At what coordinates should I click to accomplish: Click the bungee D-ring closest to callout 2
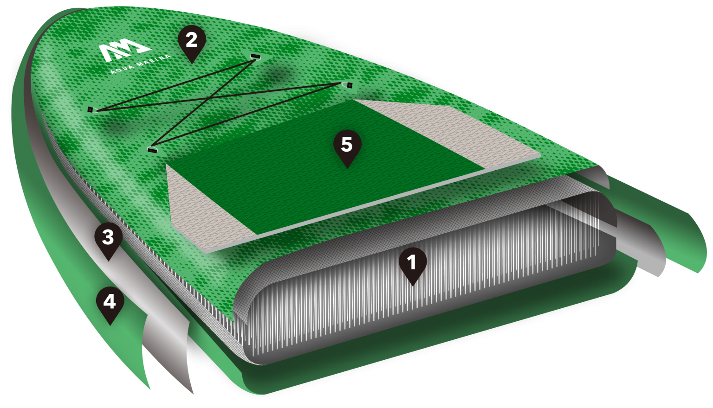pyautogui.click(x=256, y=57)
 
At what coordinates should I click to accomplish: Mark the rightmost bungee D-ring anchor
pyautogui.click(x=347, y=85)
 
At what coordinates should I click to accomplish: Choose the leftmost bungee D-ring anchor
pyautogui.click(x=91, y=110)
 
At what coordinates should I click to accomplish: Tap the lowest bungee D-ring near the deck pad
pyautogui.click(x=152, y=149)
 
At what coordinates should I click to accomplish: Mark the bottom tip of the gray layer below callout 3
pyautogui.click(x=192, y=394)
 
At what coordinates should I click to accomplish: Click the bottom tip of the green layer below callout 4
pyautogui.click(x=149, y=389)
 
